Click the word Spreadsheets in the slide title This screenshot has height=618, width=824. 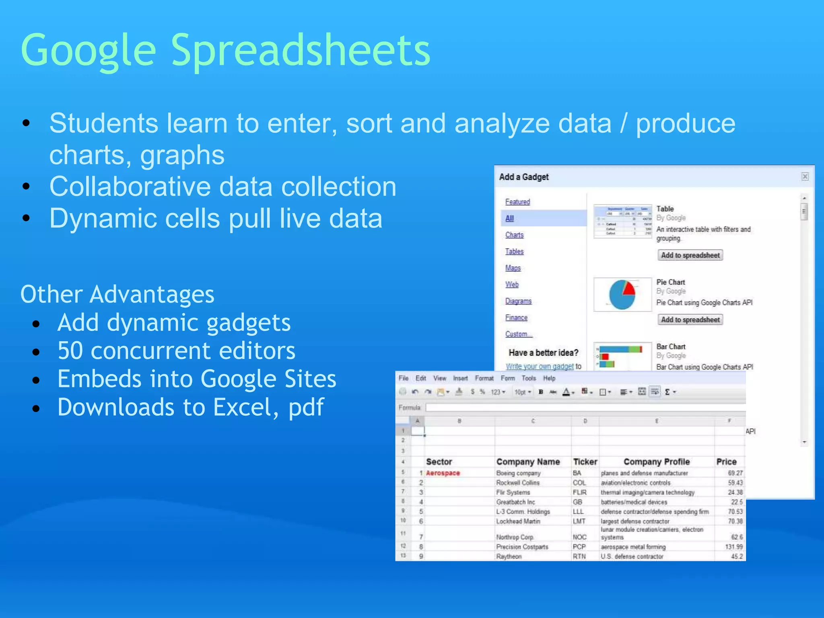pyautogui.click(x=301, y=50)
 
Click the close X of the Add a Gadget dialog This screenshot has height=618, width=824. pyautogui.click(x=805, y=177)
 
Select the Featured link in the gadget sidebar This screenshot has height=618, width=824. pyautogui.click(x=517, y=202)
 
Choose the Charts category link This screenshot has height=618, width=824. pyautogui.click(x=514, y=235)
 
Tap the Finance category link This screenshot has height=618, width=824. pyautogui.click(x=516, y=317)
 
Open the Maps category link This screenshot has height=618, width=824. pyautogui.click(x=513, y=268)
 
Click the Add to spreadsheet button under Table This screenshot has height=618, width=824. pyautogui.click(x=690, y=255)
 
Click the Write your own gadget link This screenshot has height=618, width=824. pyautogui.click(x=540, y=367)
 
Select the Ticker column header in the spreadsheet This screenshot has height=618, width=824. pyautogui.click(x=585, y=462)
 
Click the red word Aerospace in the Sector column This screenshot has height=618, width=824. pyautogui.click(x=443, y=473)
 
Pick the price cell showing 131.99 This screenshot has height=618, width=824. pyautogui.click(x=733, y=547)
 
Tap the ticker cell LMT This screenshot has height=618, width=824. pyautogui.click(x=579, y=521)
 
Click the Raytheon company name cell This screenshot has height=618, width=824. pyautogui.click(x=509, y=556)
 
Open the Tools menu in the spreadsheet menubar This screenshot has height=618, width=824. pyautogui.click(x=529, y=378)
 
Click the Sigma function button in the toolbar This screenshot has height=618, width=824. pyautogui.click(x=667, y=392)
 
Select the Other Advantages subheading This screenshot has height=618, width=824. pyautogui.click(x=117, y=294)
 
